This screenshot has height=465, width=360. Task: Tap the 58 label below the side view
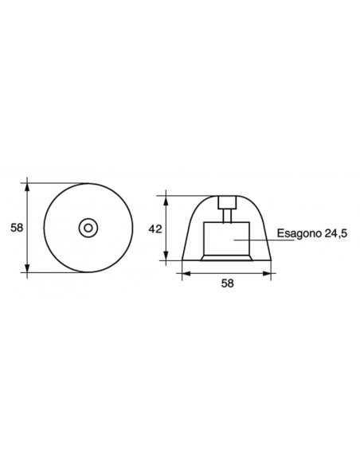pos(227,283)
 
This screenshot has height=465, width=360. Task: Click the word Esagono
pos(296,234)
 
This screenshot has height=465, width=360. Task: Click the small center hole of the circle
pos(87,228)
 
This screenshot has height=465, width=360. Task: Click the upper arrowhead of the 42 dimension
pos(166,196)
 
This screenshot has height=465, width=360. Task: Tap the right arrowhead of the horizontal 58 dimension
pos(270,272)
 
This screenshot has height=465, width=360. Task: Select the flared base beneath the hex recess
pos(228,258)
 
